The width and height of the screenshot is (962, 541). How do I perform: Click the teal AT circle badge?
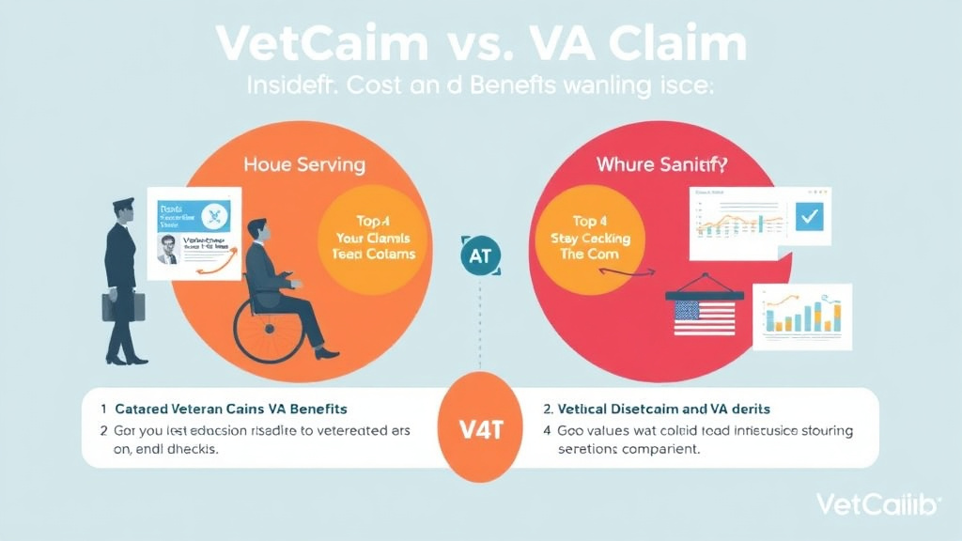481,255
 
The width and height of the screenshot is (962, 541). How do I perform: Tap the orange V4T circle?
481,427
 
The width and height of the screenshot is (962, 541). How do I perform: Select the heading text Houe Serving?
303,164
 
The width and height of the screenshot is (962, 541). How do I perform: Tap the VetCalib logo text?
877,504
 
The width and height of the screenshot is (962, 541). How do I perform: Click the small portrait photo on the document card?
167,249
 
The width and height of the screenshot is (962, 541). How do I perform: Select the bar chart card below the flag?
800,311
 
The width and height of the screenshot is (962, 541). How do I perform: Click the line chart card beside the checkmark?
731,222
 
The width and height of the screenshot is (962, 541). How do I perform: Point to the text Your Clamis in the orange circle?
375,238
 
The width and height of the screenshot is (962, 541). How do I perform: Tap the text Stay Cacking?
590,238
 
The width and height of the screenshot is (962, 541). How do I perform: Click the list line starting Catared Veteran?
230,410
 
